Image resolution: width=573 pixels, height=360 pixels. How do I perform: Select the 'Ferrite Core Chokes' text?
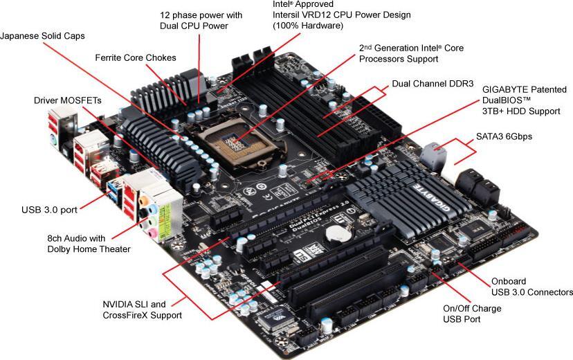tap(136, 57)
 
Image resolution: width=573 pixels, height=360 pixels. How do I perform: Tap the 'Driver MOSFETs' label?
tap(63, 100)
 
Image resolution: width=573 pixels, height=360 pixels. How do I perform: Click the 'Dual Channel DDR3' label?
tap(433, 84)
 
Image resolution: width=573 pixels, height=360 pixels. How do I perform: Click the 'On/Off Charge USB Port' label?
tap(472, 314)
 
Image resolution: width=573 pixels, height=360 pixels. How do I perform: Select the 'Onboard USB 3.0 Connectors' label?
tap(531, 287)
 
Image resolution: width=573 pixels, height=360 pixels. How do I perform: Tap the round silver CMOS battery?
tap(338, 235)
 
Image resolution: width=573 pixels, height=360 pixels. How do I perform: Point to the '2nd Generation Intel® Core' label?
tap(411, 48)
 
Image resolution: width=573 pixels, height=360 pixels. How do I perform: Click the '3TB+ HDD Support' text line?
tap(521, 111)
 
